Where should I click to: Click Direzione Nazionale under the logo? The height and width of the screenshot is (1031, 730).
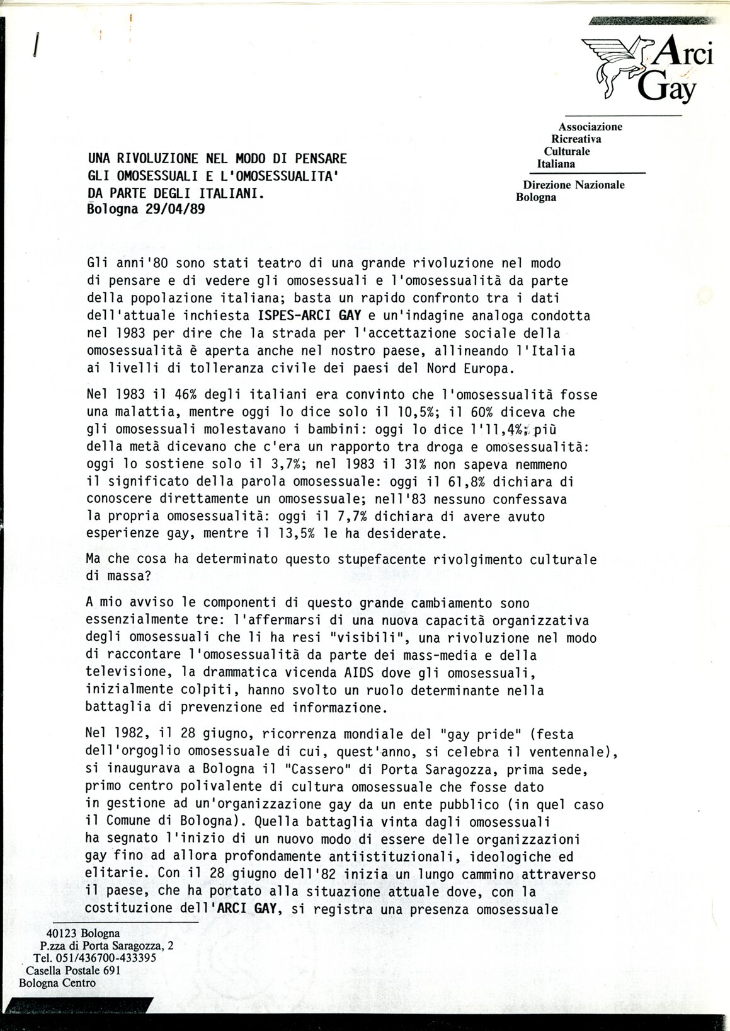tap(574, 185)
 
